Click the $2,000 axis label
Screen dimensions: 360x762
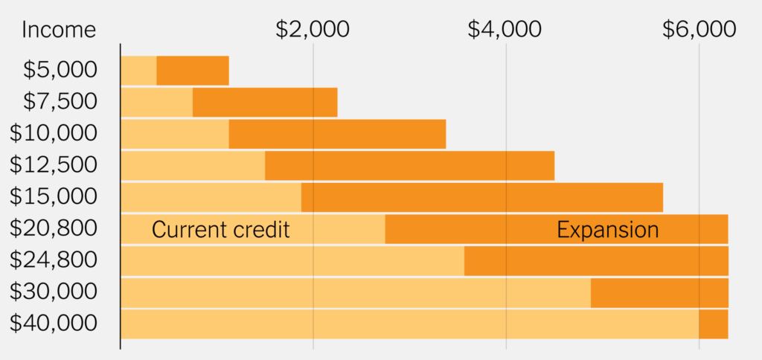313,30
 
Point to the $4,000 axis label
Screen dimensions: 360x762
505,30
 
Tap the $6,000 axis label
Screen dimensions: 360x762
699,30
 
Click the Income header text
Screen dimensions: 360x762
59,30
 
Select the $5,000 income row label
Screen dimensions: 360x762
60,71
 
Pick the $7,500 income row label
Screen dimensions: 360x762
60,102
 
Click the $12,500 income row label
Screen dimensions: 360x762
54,165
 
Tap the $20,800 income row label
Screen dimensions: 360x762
54,228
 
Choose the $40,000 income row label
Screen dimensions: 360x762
54,324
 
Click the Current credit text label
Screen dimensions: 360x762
220,230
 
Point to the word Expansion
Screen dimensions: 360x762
607,230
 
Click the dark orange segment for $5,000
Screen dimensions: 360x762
192,71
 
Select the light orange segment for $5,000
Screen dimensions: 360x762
138,71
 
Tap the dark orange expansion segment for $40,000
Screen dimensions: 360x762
713,324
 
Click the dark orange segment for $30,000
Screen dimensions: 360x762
659,292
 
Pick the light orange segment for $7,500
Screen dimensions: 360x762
156,102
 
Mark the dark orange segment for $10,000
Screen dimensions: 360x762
336,134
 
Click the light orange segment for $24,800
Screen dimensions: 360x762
292,260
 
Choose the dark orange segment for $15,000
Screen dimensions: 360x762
481,197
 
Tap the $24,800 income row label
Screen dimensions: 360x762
54,260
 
